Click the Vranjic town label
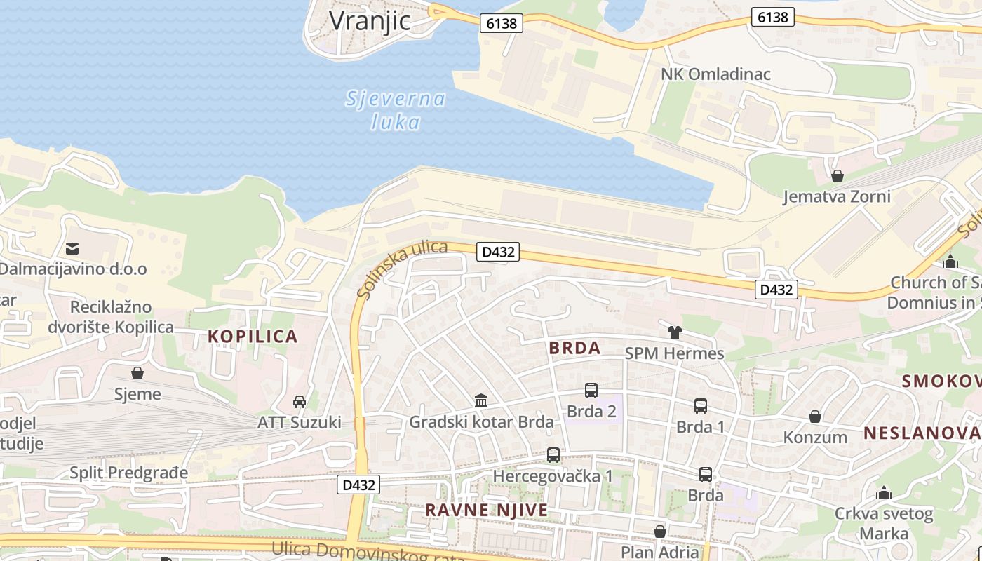[370, 20]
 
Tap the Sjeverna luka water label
[396, 110]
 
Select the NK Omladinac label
[715, 74]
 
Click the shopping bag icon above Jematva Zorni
[837, 175]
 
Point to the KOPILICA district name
[253, 337]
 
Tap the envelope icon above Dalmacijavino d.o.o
[72, 248]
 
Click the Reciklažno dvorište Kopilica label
[111, 317]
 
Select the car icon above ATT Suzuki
[300, 401]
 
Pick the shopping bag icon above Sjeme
[137, 373]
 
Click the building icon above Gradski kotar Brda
[481, 400]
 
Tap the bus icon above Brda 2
[591, 391]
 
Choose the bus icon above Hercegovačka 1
[553, 455]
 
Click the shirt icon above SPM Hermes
[674, 332]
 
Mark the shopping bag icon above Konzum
[815, 417]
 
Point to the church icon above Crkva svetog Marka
[884, 492]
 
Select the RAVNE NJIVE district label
[487, 510]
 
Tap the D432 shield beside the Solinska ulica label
[498, 252]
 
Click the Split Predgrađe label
[129, 473]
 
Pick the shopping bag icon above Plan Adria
[660, 532]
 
